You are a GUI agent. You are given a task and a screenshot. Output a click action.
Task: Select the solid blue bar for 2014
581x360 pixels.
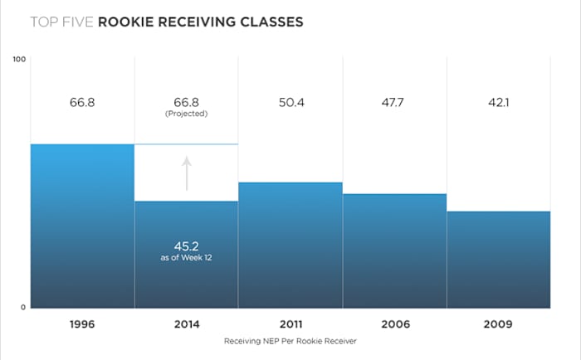(x=187, y=274)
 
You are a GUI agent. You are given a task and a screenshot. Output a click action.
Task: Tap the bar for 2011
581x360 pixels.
(x=290, y=245)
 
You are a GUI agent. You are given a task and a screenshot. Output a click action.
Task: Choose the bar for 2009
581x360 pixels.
(x=499, y=259)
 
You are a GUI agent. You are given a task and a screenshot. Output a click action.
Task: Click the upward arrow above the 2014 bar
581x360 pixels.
(x=187, y=173)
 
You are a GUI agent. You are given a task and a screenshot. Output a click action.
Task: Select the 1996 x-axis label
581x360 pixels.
(x=82, y=324)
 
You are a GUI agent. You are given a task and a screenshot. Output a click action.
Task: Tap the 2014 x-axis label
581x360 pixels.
(x=187, y=324)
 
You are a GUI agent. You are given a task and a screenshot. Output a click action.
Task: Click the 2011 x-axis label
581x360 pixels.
(x=290, y=324)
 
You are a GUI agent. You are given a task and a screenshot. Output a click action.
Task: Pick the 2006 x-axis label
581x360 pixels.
(x=395, y=324)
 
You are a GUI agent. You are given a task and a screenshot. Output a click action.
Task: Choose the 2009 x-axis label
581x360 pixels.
(x=499, y=324)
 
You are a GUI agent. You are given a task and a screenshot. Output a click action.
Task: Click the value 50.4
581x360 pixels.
(x=290, y=103)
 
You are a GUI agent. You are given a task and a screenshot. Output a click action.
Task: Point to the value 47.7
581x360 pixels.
(x=395, y=103)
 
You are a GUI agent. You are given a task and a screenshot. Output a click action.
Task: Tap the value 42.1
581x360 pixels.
(x=499, y=103)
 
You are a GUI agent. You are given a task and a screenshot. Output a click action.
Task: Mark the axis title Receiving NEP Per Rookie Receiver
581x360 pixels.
(x=290, y=341)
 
